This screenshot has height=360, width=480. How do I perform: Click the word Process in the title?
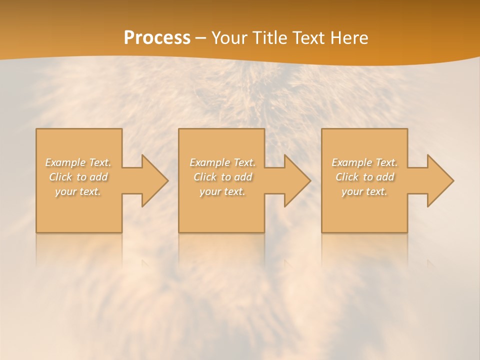pos(157,38)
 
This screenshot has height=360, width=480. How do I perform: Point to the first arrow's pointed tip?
pos(168,180)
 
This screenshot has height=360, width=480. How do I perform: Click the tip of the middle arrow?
pos(310,180)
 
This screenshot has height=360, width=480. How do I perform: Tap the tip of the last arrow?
pos(453,180)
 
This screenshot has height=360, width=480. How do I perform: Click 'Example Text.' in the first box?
pos(78,162)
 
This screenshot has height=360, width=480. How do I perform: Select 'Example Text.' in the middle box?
pos(222,162)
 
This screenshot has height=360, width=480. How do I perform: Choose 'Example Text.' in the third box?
pos(364,162)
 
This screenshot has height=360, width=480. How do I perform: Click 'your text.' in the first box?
pos(78,191)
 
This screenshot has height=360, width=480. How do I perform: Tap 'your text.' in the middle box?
pos(222,191)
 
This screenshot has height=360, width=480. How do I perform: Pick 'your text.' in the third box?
pos(364,191)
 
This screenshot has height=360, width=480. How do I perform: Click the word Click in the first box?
pos(60,177)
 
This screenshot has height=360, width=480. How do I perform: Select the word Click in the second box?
pos(204,177)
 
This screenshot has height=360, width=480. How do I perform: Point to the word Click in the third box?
pos(347,177)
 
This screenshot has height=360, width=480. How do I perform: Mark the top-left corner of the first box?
pos(36,129)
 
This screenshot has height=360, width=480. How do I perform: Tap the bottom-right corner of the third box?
pos(407,232)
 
